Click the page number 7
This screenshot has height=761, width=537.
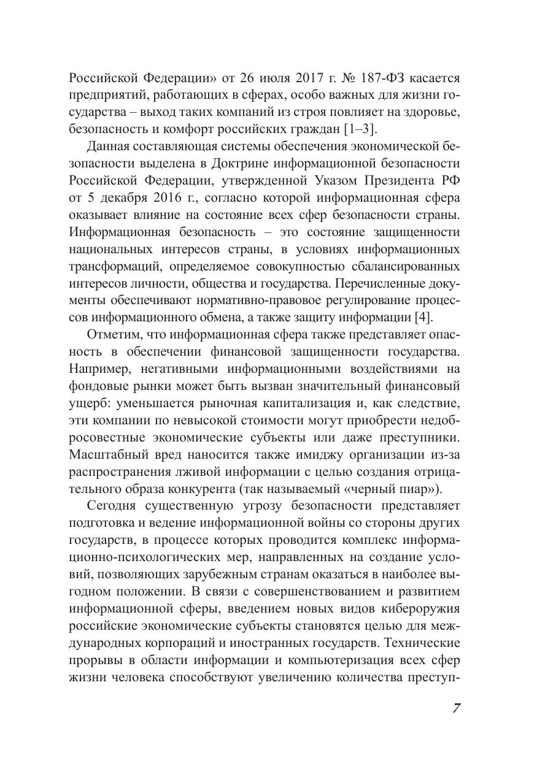pyautogui.click(x=457, y=708)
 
